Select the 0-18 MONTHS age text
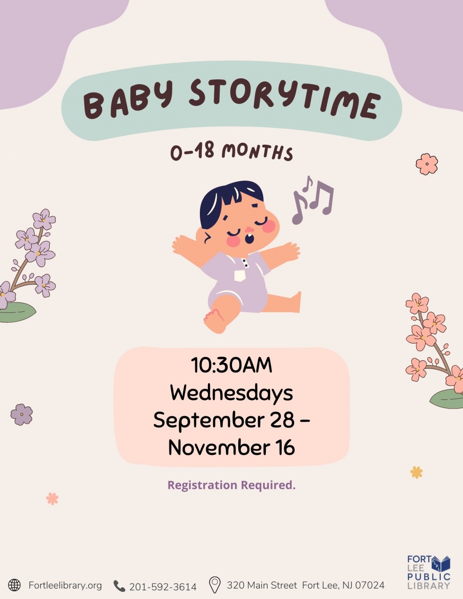click(231, 152)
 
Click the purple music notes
click(313, 199)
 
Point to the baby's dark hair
click(231, 197)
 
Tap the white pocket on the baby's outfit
click(240, 275)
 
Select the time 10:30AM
click(231, 365)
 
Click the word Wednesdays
click(231, 392)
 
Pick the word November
click(219, 448)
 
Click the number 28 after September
click(282, 420)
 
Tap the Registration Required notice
click(231, 485)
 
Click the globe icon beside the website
click(14, 585)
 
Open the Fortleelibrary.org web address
click(65, 585)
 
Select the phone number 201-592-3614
click(163, 587)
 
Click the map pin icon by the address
click(215, 585)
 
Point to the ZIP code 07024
click(369, 585)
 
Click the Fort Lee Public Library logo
click(429, 572)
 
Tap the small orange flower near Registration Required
click(416, 472)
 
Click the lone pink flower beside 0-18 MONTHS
click(427, 164)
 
